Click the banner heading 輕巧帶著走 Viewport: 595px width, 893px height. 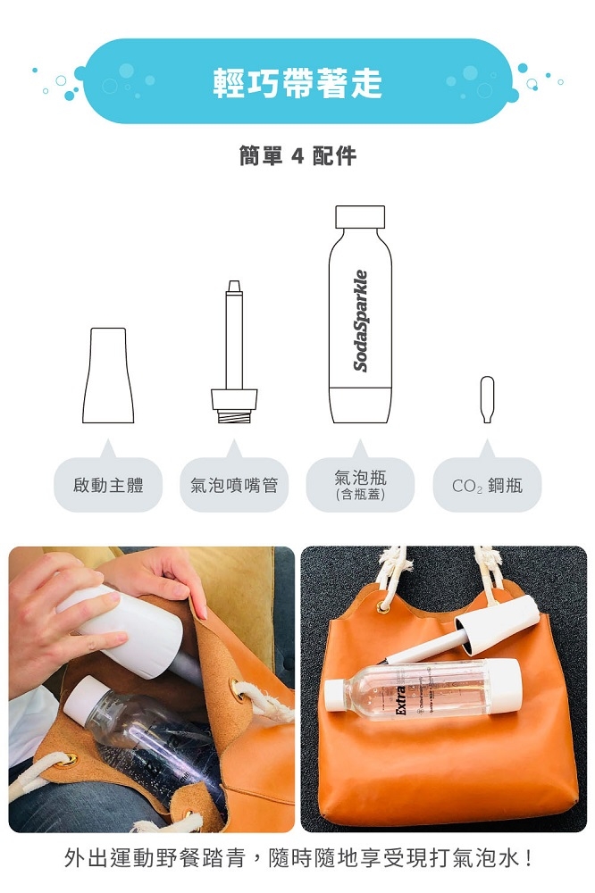pos(297,82)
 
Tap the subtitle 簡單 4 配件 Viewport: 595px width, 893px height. pos(297,155)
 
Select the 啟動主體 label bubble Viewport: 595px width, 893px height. pos(108,485)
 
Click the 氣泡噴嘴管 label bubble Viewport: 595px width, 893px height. pos(234,485)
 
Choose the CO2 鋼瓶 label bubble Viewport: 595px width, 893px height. pos(487,486)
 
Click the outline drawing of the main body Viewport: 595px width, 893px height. pos(108,376)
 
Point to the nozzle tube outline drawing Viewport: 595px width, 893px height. pos(234,339)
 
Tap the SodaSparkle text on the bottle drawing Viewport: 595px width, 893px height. pos(360,320)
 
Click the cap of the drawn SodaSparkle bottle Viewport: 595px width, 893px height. pos(360,216)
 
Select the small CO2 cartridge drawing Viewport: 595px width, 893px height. pos(487,398)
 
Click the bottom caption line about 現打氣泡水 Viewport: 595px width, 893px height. pos(297,860)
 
